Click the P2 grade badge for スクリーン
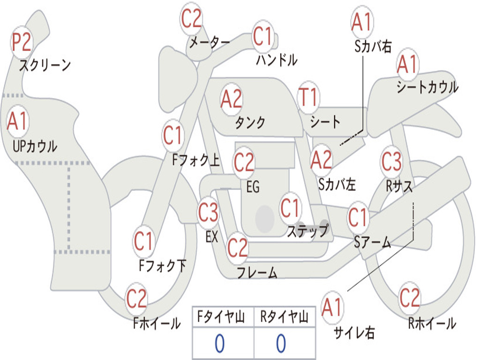pyautogui.click(x=22, y=42)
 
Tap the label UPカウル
pyautogui.click(x=35, y=146)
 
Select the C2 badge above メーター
pyautogui.click(x=191, y=19)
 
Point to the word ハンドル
pyautogui.click(x=277, y=60)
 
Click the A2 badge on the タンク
pyautogui.click(x=232, y=99)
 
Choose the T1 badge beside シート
pyautogui.click(x=308, y=97)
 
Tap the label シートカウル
pyautogui.click(x=427, y=87)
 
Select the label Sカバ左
pyautogui.click(x=337, y=184)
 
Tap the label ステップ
pyautogui.click(x=307, y=231)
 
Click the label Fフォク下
pyautogui.click(x=162, y=266)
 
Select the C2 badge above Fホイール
pyautogui.click(x=136, y=299)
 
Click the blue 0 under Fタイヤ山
pyautogui.click(x=219, y=344)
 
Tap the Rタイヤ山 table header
pyautogui.click(x=284, y=317)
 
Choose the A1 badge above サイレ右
pyautogui.click(x=332, y=307)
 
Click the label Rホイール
pyautogui.click(x=432, y=323)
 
